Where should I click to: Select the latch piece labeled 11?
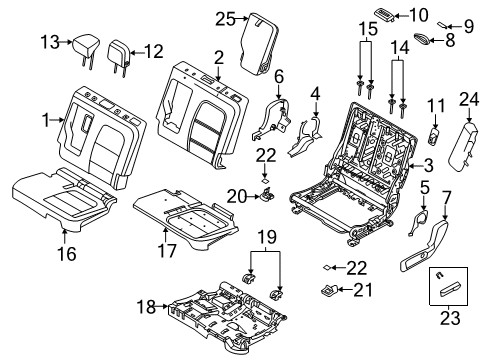(x=435, y=137)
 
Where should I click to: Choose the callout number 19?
(x=263, y=237)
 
